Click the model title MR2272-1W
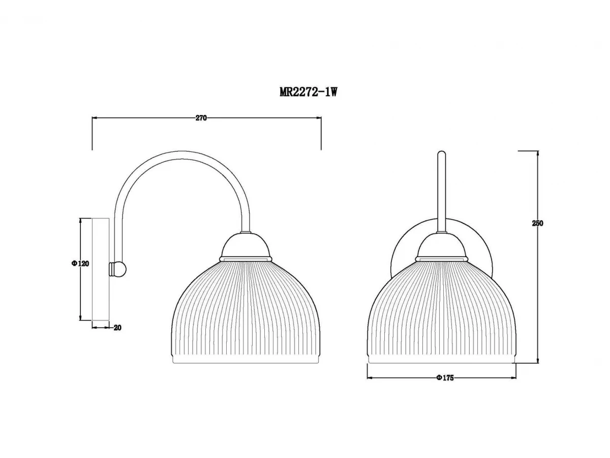308,92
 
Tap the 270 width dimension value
201,118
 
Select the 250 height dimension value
537,223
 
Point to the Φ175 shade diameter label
445,378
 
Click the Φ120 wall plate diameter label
80,263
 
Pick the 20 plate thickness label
117,328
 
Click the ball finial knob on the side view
118,269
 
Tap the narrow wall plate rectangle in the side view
100,270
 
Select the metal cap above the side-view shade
246,247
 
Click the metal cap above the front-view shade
442,247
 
